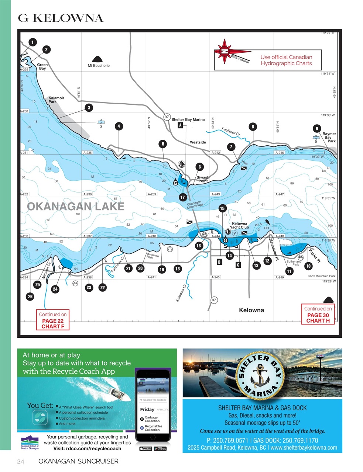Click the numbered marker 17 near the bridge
(x=182, y=197)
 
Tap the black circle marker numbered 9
(x=316, y=129)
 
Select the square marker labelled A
(x=180, y=125)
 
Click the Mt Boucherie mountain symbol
(x=98, y=59)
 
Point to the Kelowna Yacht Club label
(x=239, y=225)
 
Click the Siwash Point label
(x=203, y=179)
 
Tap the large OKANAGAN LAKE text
(x=76, y=206)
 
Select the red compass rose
(x=224, y=52)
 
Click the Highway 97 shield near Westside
(x=167, y=117)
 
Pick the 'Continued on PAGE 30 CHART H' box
(x=318, y=315)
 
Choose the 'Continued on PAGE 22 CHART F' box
(x=53, y=320)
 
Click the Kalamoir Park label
(x=56, y=100)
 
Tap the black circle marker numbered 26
(x=30, y=296)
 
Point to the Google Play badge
(x=161, y=448)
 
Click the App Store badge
(x=146, y=448)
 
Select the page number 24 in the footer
(x=21, y=462)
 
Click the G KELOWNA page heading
(x=61, y=18)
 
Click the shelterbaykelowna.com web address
(x=304, y=448)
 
